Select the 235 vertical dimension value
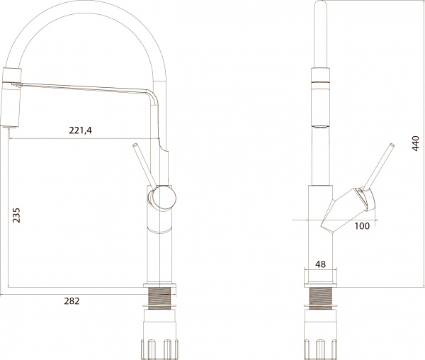[x=16, y=215]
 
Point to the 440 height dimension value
[x=416, y=146]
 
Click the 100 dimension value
[x=363, y=226]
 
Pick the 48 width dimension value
[x=319, y=264]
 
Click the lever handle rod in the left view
[x=143, y=164]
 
